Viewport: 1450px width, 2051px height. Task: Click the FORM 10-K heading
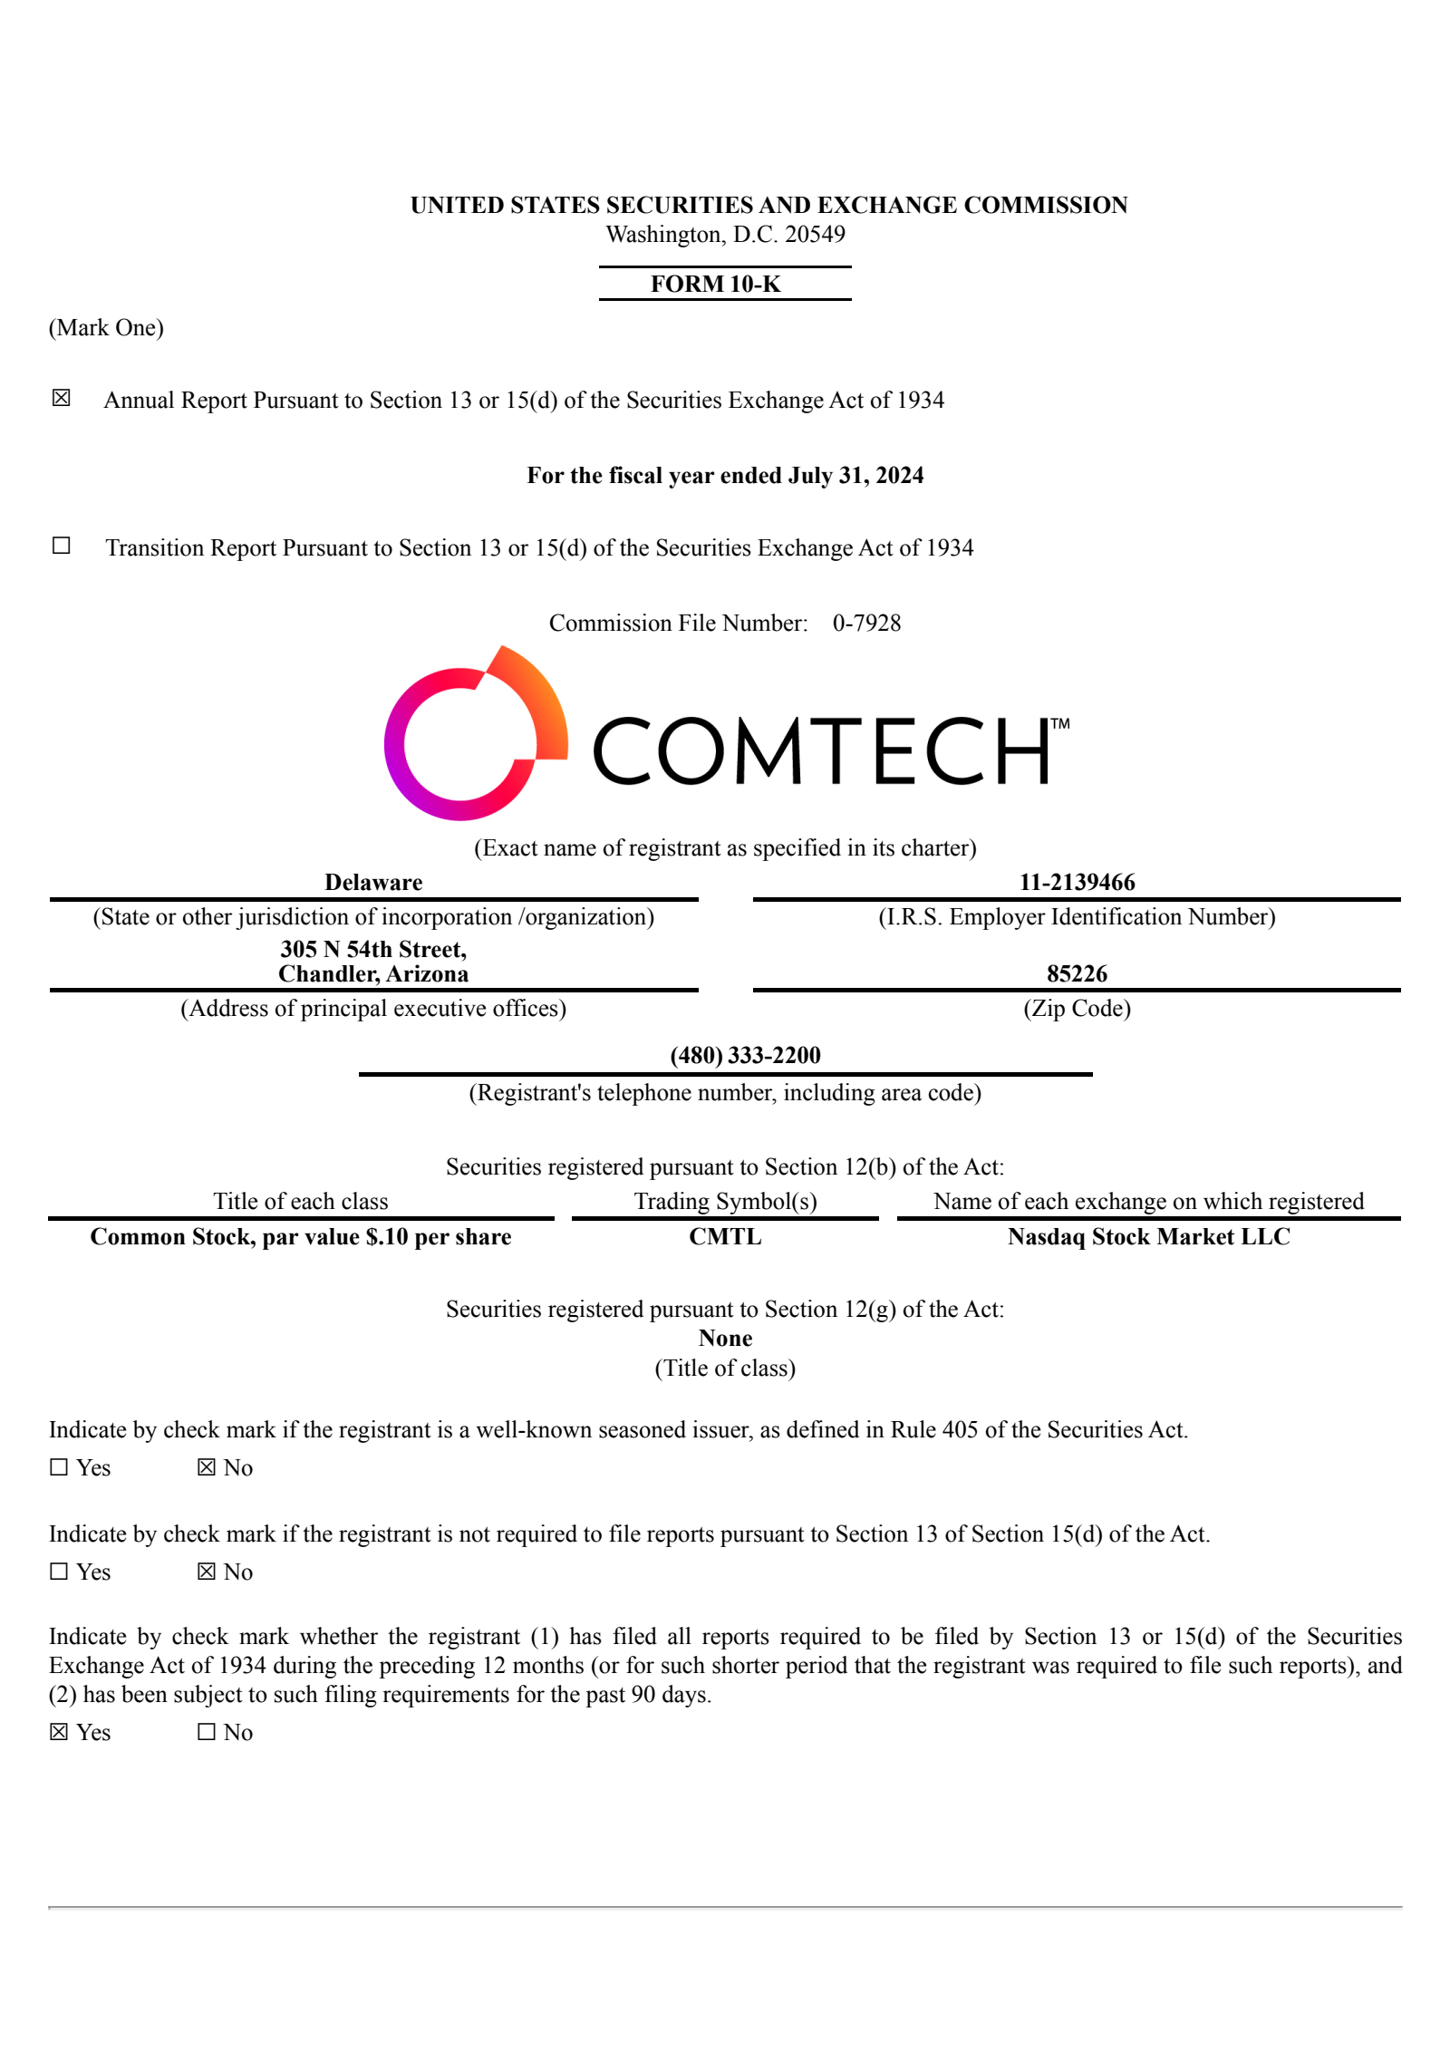pos(715,284)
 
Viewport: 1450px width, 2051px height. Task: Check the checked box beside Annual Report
pos(61,398)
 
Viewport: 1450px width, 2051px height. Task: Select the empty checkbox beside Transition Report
pos(61,545)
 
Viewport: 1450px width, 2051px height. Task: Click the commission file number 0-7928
pos(866,623)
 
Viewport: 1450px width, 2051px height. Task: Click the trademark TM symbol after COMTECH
pos(1059,724)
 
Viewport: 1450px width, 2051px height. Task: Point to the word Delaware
pos(373,882)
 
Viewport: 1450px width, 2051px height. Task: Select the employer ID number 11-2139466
pos(1077,882)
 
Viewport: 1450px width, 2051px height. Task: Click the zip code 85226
pos(1077,973)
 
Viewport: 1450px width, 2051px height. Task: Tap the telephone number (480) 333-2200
pos(745,1055)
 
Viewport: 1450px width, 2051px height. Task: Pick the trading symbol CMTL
pos(725,1236)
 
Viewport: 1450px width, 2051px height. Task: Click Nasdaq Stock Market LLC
pos(1148,1236)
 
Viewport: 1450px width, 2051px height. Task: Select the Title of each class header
pos(300,1201)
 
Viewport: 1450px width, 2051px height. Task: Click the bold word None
pos(725,1338)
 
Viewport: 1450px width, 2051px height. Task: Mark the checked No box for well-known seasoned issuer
pos(207,1467)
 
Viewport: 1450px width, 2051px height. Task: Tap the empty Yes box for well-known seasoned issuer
pos(59,1467)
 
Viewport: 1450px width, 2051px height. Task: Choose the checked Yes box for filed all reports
pos(59,1732)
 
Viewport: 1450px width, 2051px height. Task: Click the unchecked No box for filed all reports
pos(207,1732)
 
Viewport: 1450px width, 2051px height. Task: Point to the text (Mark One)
pos(106,327)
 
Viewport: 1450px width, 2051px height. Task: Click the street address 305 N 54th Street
pos(373,949)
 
